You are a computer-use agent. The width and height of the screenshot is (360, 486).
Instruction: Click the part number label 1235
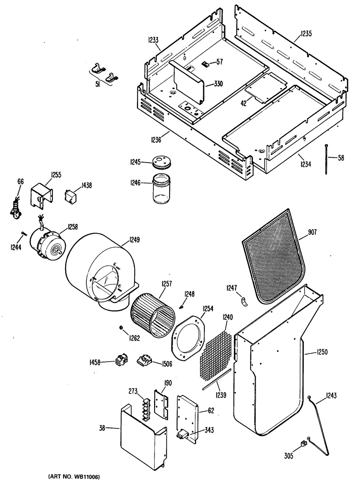tap(306, 35)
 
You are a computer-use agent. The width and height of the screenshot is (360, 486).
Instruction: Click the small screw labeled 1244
tap(23, 234)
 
